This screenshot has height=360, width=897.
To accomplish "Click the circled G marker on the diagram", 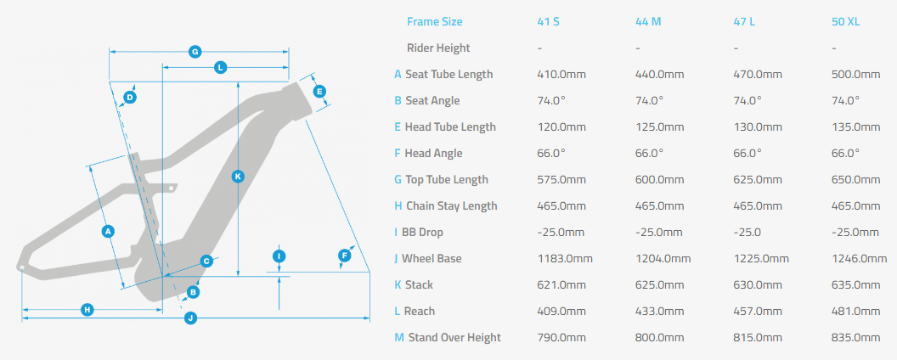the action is coord(195,52).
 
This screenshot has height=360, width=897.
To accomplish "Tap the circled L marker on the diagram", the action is coord(220,67).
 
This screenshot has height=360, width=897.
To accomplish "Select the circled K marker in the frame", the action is coord(238,177).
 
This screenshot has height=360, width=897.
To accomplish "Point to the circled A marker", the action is coord(107,232).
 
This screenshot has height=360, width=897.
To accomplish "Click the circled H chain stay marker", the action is coord(87,310).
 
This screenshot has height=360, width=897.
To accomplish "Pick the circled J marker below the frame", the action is coord(190,318).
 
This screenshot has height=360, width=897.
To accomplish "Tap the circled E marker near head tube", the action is coord(319,92).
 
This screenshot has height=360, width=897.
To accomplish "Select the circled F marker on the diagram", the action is coord(344,256).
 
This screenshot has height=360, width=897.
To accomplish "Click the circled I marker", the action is coord(279,256).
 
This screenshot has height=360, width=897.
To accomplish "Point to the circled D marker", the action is coord(130,97).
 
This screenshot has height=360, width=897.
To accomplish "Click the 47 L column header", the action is coord(744,22).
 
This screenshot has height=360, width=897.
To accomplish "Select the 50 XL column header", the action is coord(845,22).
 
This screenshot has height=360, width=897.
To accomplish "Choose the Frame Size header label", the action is coord(435,22).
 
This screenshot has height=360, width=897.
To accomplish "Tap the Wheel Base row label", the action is coord(432,258).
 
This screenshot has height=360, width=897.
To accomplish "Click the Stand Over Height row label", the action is coord(454,337).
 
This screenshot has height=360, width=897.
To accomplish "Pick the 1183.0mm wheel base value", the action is coord(565,258).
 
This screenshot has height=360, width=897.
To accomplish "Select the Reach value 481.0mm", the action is coord(856,311).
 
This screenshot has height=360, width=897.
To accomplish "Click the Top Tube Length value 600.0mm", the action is coord(660,179).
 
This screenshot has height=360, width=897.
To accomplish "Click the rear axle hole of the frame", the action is coord(21,267).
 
